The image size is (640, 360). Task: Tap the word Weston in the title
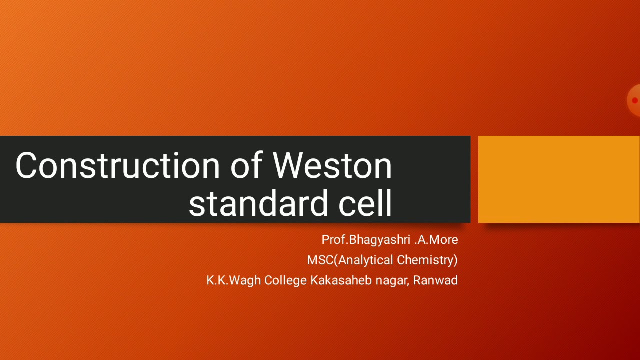[x=332, y=165]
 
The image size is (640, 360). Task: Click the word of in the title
[x=247, y=165]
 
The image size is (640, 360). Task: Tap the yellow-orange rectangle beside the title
[x=559, y=179]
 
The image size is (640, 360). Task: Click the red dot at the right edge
[x=635, y=100]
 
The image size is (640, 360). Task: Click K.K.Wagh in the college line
[x=234, y=280]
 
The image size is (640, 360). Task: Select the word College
[x=285, y=280]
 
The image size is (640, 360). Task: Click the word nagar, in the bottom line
[x=392, y=281]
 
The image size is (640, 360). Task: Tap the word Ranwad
[x=435, y=280]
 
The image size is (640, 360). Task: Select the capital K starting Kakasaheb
[x=314, y=280]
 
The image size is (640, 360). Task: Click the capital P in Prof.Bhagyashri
[x=325, y=240]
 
